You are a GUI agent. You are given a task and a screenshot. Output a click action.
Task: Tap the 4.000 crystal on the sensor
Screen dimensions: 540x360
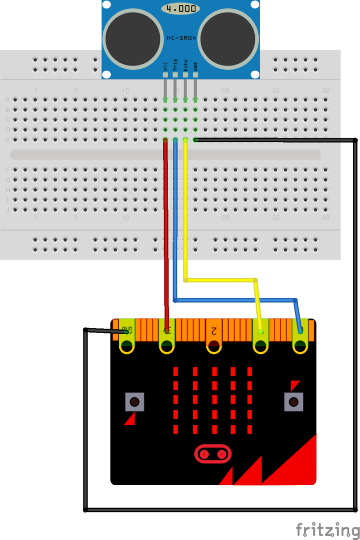pos(180,9)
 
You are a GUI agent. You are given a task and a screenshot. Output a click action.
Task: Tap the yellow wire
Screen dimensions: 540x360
pos(186,218)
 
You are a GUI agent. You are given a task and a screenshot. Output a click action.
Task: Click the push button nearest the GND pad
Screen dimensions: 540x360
pos(135,401)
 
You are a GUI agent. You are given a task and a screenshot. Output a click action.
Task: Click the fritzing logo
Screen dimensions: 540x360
pos(325,529)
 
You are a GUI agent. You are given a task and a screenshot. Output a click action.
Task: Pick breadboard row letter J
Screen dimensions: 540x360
pos(7,210)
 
